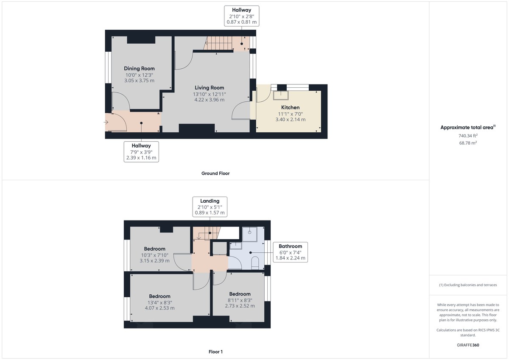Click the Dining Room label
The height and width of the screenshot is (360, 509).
(139, 68)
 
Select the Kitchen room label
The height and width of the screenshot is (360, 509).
(290, 107)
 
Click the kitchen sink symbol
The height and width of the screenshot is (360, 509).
(280, 94)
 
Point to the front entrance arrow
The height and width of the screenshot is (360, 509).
(106, 123)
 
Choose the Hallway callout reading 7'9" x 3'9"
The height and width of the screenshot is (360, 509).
(141, 151)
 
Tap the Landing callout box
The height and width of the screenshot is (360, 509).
(210, 207)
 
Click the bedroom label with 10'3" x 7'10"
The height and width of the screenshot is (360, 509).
(154, 248)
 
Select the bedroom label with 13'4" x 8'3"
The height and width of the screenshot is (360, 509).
(159, 296)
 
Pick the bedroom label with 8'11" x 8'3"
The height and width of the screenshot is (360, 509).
(240, 294)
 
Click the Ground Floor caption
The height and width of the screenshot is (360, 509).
(215, 173)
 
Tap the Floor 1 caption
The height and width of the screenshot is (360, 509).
(215, 352)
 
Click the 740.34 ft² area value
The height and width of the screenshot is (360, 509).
(468, 136)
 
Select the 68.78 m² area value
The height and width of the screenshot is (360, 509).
(468, 143)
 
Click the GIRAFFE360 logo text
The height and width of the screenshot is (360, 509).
(468, 345)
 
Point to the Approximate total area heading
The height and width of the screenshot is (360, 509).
(467, 127)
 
